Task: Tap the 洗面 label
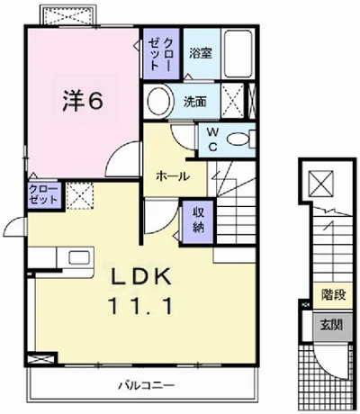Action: pyautogui.click(x=197, y=102)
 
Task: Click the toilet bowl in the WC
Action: pyautogui.click(x=240, y=139)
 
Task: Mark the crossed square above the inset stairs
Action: pyautogui.click(x=319, y=184)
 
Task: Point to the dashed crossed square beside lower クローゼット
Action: pyautogui.click(x=79, y=194)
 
